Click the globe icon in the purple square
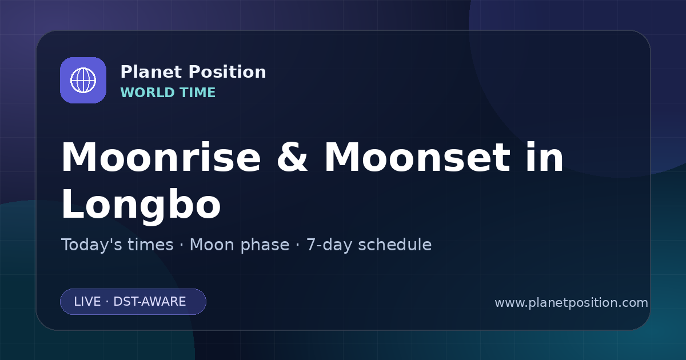point(83,80)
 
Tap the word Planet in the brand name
point(151,72)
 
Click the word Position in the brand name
point(228,72)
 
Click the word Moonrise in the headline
point(161,157)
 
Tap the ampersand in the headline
point(292,157)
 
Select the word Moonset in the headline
point(417,157)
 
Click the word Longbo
point(141,204)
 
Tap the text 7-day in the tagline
point(329,245)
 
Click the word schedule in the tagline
point(395,245)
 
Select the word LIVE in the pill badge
point(87,302)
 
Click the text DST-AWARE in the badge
point(149,302)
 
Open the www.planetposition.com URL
point(572,303)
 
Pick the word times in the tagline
point(150,245)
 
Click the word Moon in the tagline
point(212,245)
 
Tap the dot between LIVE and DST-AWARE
point(107,302)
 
